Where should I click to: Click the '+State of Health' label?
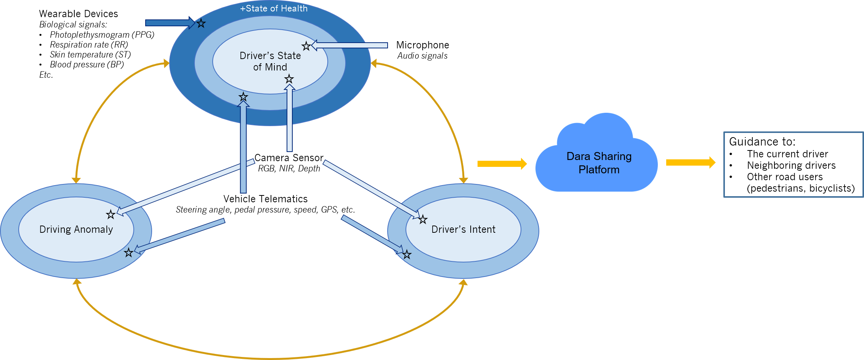[274, 8]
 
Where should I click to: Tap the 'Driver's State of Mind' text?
[270, 61]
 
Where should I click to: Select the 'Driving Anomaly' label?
[76, 229]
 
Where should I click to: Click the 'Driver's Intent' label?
[463, 229]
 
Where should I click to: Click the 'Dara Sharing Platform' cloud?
[599, 163]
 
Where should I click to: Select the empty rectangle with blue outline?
[793, 165]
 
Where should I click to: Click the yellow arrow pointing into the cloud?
[502, 164]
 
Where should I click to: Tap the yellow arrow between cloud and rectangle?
[690, 163]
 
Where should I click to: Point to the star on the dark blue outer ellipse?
[201, 24]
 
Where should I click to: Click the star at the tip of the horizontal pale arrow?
[306, 46]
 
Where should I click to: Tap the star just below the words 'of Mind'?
[289, 79]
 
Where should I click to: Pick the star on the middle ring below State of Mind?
[243, 97]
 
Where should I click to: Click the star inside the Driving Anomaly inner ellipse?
[111, 214]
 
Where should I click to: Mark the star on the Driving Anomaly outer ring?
[128, 253]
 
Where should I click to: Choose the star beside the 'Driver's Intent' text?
[423, 219]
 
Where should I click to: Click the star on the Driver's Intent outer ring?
[407, 254]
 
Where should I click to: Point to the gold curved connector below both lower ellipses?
[267, 357]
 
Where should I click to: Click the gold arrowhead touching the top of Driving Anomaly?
[76, 179]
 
